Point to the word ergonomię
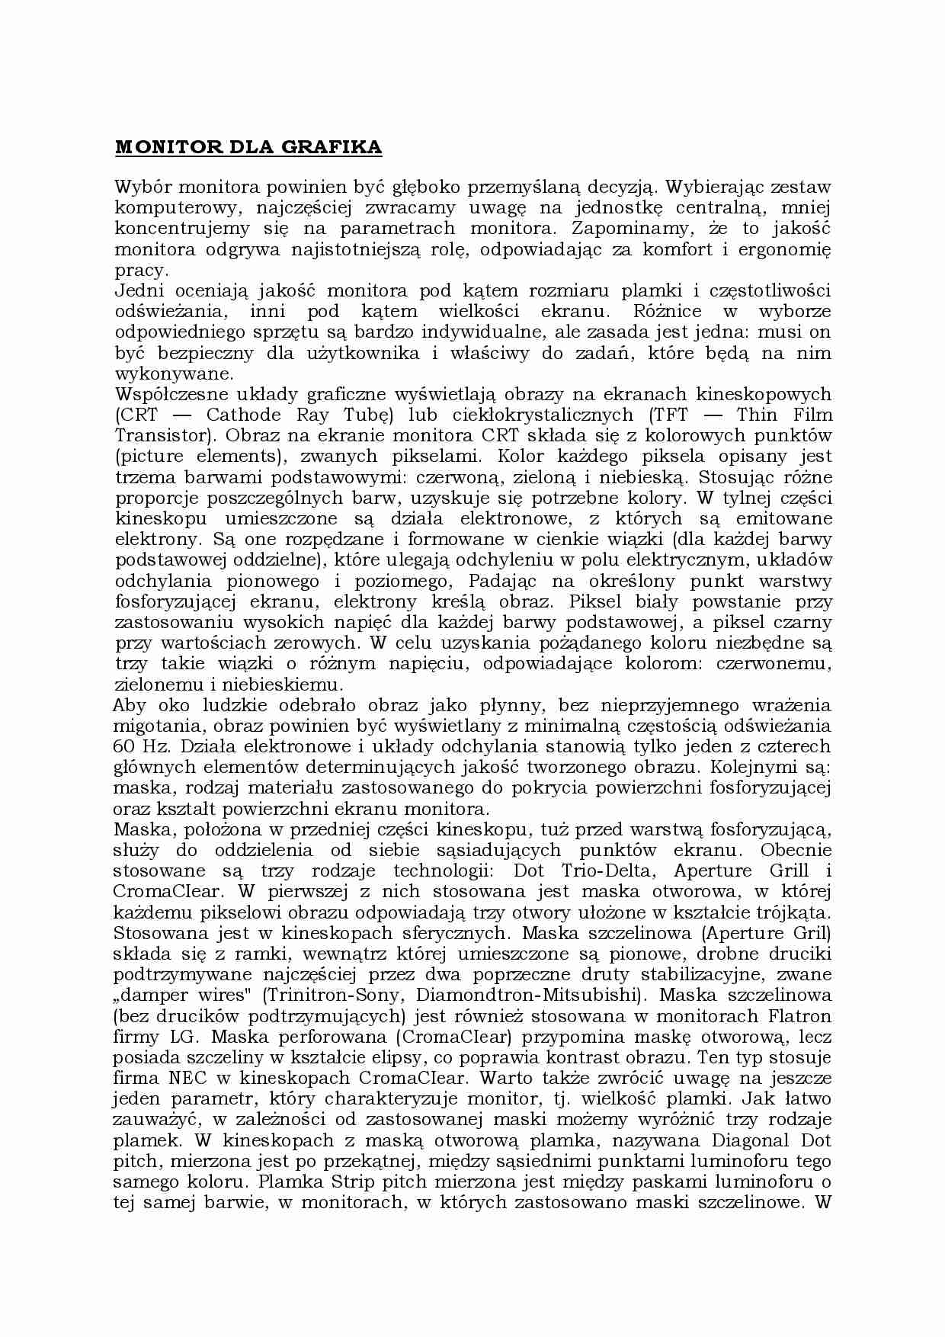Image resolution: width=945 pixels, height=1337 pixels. [793, 249]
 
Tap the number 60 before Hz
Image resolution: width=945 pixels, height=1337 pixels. [124, 746]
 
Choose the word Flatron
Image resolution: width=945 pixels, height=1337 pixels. [799, 1016]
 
